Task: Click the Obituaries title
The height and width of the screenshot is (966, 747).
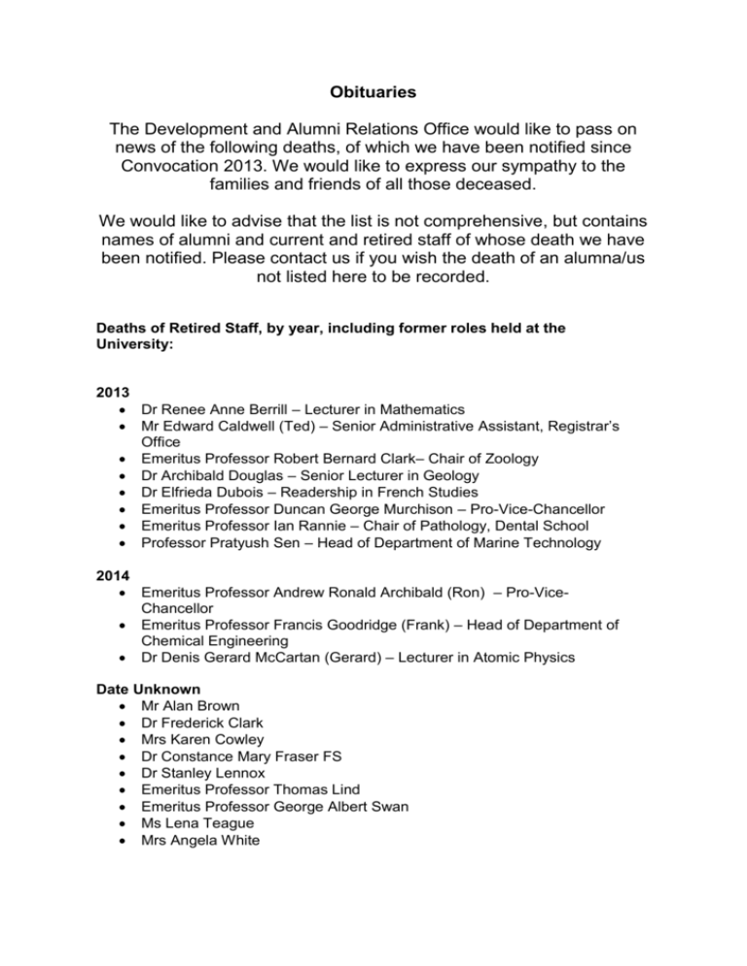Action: coord(373,93)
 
